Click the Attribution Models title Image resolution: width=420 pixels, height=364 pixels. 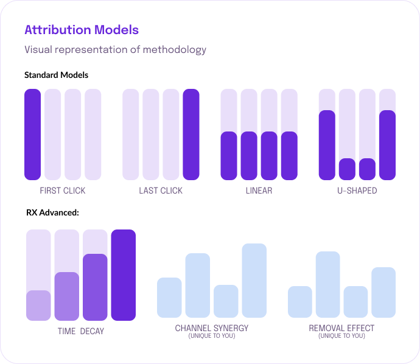[x=81, y=30]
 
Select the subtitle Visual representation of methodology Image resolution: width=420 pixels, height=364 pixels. [x=115, y=49]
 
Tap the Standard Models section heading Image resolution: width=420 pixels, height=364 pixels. [x=56, y=75]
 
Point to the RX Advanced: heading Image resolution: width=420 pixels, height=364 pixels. [x=52, y=213]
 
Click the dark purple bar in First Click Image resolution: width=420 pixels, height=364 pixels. [x=33, y=135]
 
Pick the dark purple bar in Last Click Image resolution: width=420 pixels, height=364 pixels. [x=191, y=135]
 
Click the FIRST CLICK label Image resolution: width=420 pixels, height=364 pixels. [x=63, y=191]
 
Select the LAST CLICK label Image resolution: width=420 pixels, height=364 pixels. [x=161, y=191]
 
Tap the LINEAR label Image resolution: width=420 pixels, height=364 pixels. [x=259, y=191]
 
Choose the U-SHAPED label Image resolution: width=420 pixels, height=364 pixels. [x=357, y=191]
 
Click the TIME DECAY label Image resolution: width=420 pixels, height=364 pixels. [x=80, y=332]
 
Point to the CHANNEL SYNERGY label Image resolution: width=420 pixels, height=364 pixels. [x=212, y=329]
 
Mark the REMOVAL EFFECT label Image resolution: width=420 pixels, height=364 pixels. [x=341, y=329]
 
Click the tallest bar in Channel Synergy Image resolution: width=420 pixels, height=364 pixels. [x=254, y=281]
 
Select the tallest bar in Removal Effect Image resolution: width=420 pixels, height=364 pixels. [x=327, y=284]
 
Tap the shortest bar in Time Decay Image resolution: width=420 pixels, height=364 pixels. [x=38, y=306]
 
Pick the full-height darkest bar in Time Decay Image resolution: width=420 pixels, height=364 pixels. [x=123, y=275]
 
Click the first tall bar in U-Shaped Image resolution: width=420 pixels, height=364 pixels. [x=327, y=145]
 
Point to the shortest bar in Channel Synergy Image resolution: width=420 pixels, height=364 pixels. [x=226, y=301]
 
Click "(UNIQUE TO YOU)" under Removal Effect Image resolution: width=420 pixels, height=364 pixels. [x=341, y=336]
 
